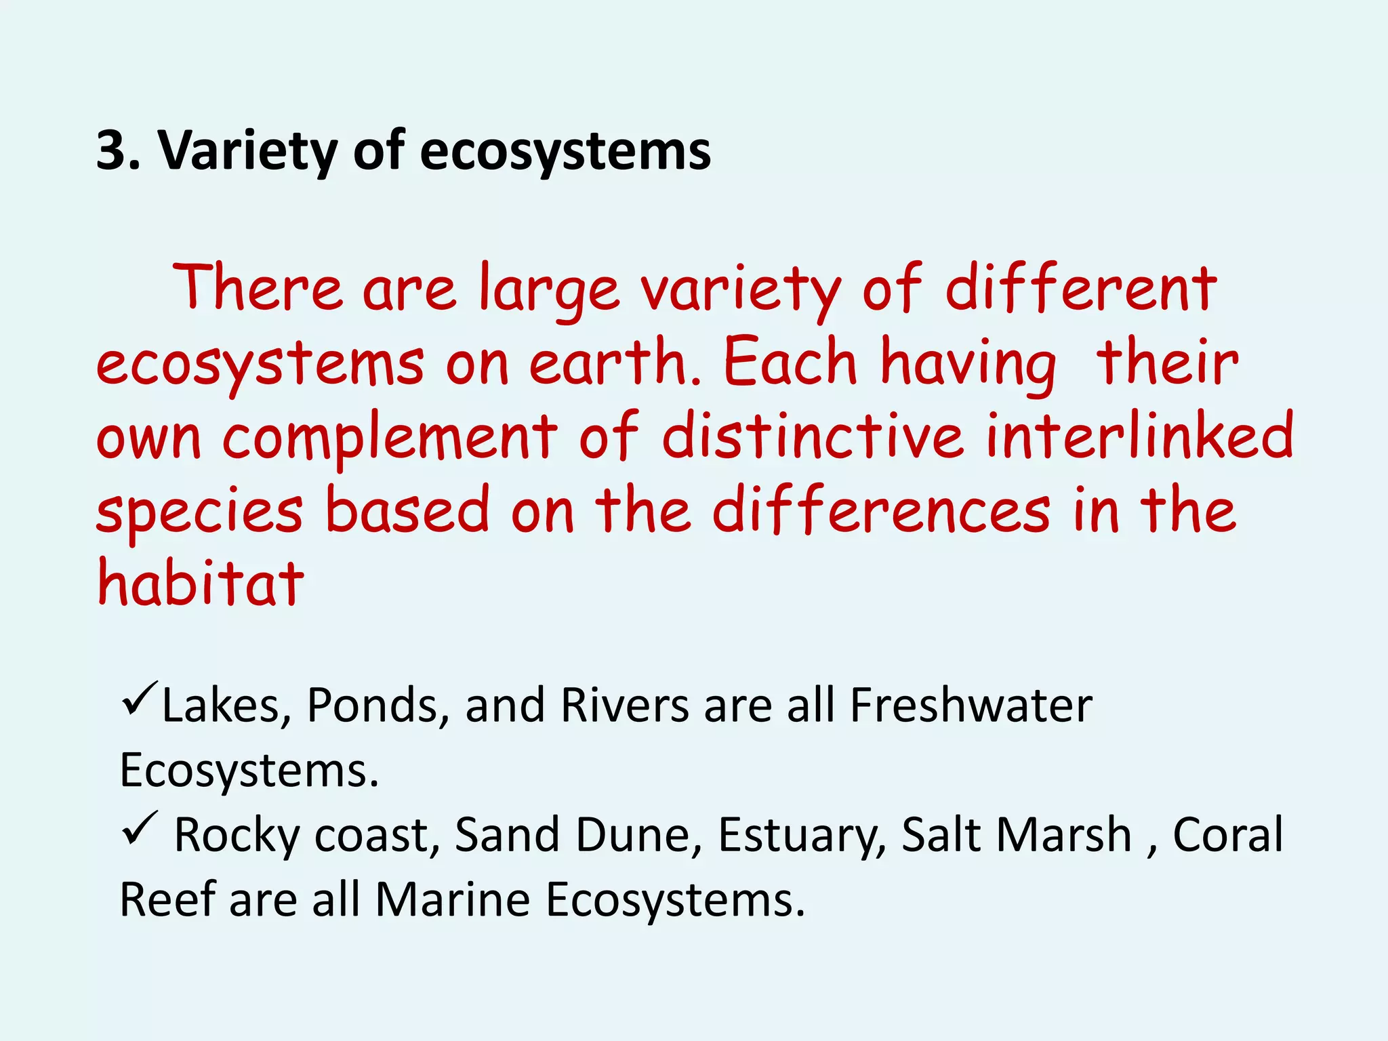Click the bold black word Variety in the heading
pyautogui.click(x=247, y=151)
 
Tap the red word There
pyautogui.click(x=258, y=288)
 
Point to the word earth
pyautogui.click(x=613, y=363)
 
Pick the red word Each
pyautogui.click(x=790, y=363)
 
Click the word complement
pyautogui.click(x=390, y=438)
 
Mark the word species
pyautogui.click(x=200, y=512)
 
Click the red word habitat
pyautogui.click(x=201, y=583)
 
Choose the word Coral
pyautogui.click(x=1227, y=834)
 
